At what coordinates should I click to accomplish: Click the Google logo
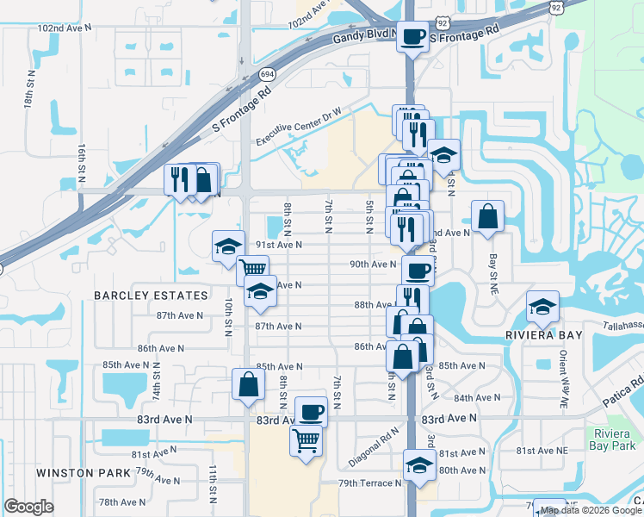28,507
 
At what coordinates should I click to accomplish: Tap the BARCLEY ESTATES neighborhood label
152,296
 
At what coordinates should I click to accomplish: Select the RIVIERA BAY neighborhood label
546,334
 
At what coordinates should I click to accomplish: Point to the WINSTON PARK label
84,472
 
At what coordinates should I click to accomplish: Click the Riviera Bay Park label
614,439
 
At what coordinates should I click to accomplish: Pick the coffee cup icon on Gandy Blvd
412,37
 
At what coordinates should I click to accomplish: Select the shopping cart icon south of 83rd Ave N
307,441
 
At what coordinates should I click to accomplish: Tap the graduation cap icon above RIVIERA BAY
543,306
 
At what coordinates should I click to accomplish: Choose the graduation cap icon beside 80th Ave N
419,466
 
